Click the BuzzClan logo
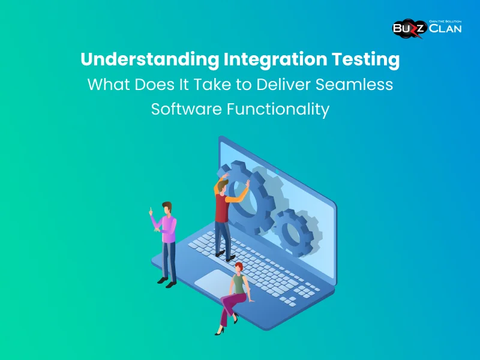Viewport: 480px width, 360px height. [427, 28]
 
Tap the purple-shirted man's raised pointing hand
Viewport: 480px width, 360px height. [151, 211]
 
